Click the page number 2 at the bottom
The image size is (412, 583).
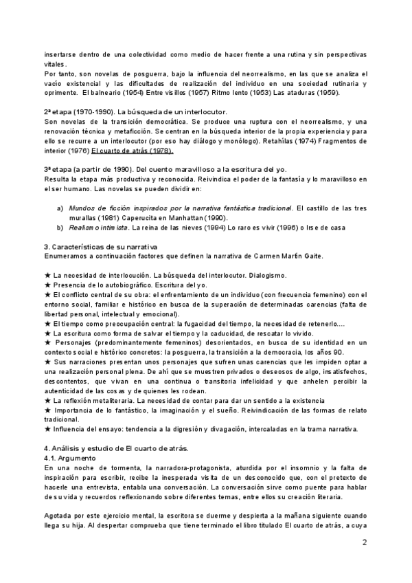pos(365,542)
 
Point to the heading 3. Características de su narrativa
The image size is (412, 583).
pos(101,247)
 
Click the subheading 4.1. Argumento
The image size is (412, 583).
pos(76,456)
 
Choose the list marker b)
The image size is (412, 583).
pos(60,228)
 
